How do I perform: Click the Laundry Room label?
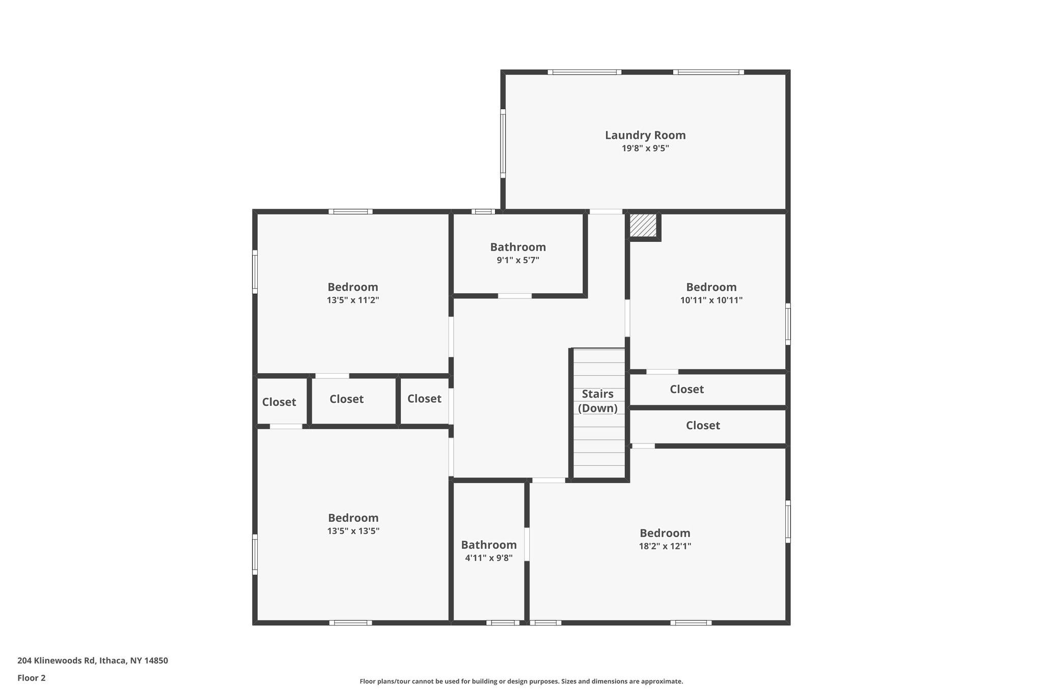(x=645, y=135)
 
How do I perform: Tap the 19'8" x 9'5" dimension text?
(x=645, y=149)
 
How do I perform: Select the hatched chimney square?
(x=643, y=225)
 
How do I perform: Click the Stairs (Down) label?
(x=598, y=401)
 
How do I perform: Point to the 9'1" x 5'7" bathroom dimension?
(x=518, y=260)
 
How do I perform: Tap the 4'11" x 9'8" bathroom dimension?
(x=489, y=558)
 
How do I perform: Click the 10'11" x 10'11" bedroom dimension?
(x=711, y=300)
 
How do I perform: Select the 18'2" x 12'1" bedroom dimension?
(x=665, y=546)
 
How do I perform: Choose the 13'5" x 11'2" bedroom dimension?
(x=353, y=300)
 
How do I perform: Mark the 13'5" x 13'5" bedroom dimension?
(x=353, y=531)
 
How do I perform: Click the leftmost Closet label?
(x=279, y=402)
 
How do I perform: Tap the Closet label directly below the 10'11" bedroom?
(x=687, y=390)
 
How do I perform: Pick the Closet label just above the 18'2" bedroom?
(x=703, y=426)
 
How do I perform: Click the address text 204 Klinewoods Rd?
(x=93, y=661)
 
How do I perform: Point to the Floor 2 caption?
(x=32, y=678)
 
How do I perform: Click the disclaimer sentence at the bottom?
(x=521, y=681)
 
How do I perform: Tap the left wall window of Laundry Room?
(x=503, y=144)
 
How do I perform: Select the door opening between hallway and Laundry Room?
(x=606, y=211)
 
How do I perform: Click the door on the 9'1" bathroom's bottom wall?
(x=514, y=296)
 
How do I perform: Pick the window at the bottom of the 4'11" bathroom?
(x=502, y=622)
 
